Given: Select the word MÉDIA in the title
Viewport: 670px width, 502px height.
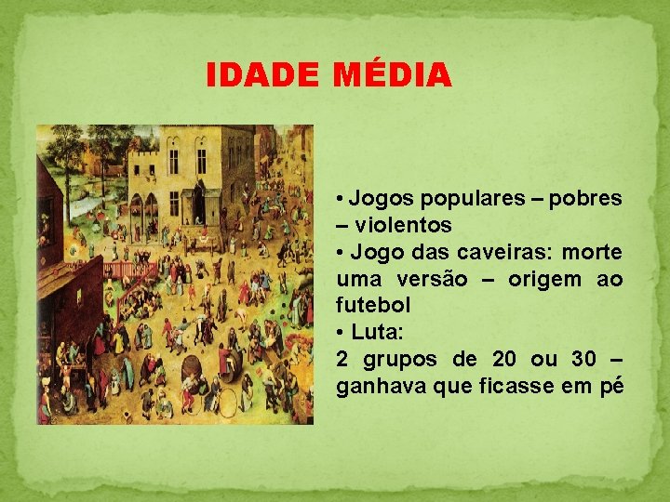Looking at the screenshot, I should coord(392,74).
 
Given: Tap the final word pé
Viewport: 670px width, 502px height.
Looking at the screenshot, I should coord(611,387).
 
